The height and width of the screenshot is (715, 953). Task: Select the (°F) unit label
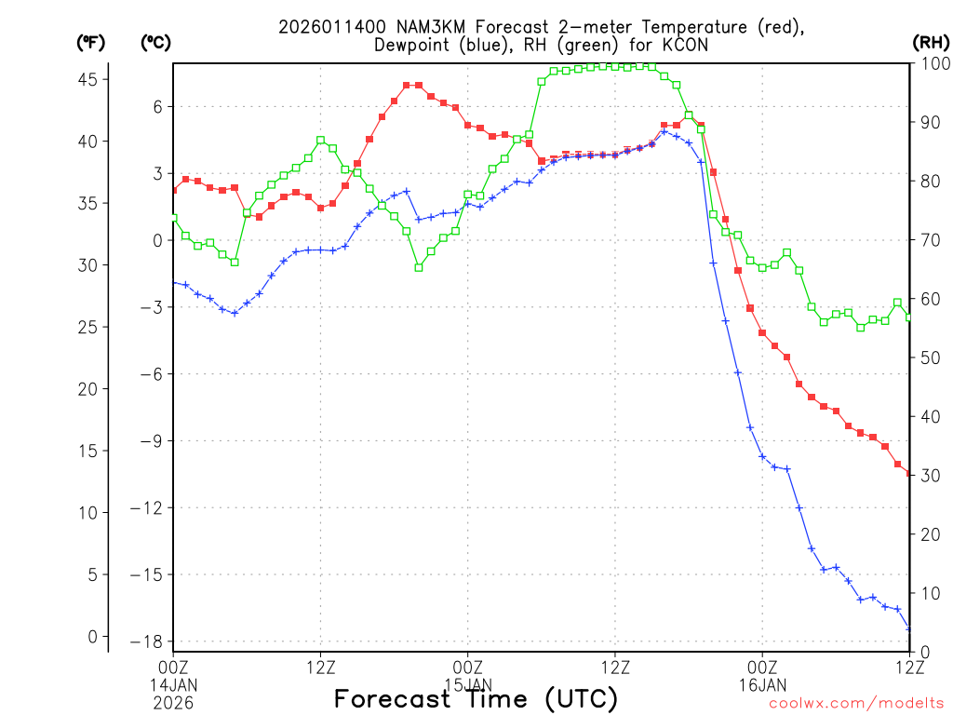click(90, 42)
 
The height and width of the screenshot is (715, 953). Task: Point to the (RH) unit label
click(931, 42)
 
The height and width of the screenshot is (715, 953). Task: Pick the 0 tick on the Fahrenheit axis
click(92, 637)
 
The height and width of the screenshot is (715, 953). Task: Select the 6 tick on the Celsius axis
click(157, 106)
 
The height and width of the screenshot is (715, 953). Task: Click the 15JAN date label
click(467, 685)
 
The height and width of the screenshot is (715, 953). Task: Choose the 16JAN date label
click(762, 685)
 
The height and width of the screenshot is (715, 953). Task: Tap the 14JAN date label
click(174, 685)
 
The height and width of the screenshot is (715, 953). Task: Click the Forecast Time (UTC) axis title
click(476, 698)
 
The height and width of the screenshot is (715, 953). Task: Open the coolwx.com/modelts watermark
click(855, 703)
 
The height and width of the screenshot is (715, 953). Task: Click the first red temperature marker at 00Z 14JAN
click(174, 190)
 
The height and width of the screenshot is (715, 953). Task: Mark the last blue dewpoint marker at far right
click(909, 629)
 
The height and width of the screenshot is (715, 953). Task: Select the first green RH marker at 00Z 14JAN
click(174, 218)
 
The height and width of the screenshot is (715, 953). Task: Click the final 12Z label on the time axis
click(909, 667)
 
